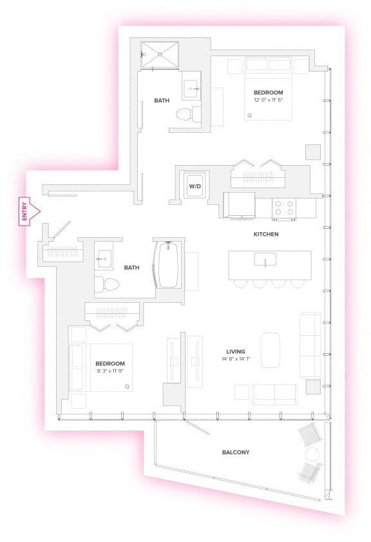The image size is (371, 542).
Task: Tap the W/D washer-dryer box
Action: click(194, 186)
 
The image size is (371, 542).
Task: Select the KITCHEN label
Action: click(265, 234)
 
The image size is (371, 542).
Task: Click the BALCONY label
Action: click(236, 452)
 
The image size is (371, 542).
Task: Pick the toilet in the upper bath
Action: click(185, 115)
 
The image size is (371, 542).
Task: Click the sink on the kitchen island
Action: click(265, 260)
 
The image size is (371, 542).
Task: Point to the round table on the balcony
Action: click(312, 454)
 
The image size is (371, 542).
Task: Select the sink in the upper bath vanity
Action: click(192, 89)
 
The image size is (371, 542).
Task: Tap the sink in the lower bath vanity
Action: click(104, 260)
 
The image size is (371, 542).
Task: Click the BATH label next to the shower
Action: click(162, 101)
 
